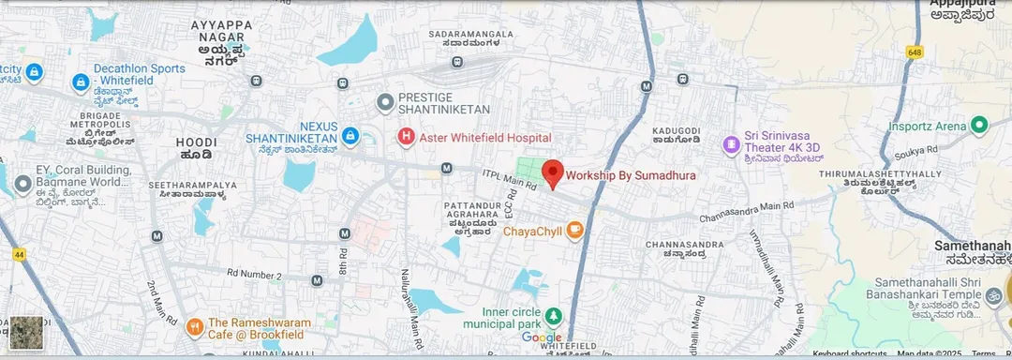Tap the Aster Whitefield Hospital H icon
click(406, 138)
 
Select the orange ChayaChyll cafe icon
click(574, 230)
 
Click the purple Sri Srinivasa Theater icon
click(731, 144)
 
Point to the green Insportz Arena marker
click(979, 126)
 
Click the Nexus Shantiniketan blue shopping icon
click(350, 137)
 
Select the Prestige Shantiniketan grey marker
click(383, 101)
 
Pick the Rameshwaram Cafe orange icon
click(194, 326)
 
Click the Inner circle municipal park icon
click(554, 314)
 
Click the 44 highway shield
click(19, 254)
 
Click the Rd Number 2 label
click(254, 275)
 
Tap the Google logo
click(541, 337)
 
